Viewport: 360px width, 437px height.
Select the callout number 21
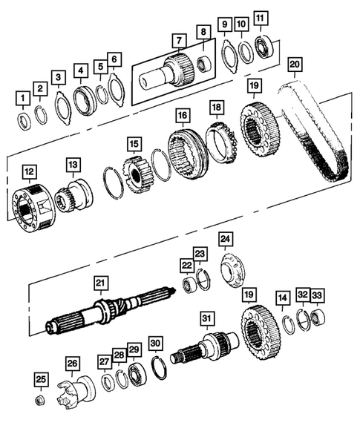coord(100,282)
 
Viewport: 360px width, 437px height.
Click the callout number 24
coord(225,238)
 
